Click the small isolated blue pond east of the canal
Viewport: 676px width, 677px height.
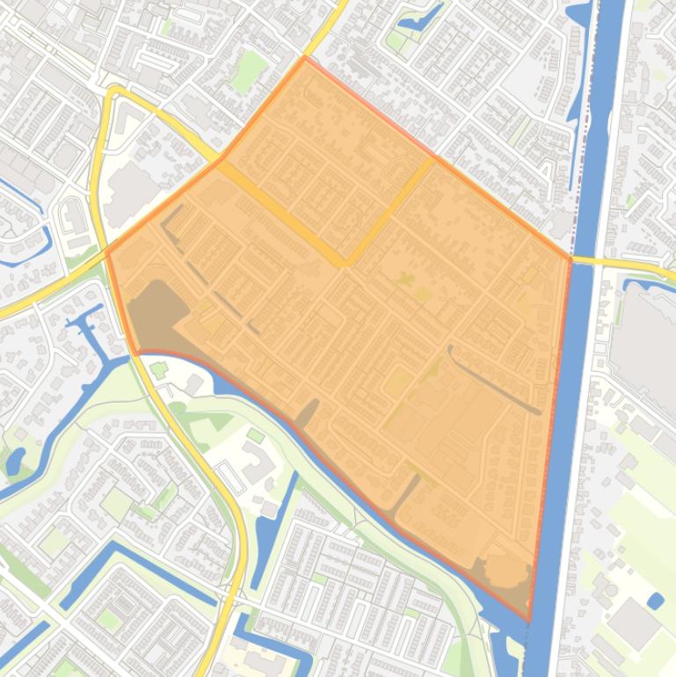pyautogui.click(x=655, y=601)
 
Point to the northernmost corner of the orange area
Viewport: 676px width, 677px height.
pyautogui.click(x=305, y=58)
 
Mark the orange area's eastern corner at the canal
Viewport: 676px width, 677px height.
pyautogui.click(x=571, y=258)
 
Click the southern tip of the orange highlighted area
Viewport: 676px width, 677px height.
pyautogui.click(x=529, y=620)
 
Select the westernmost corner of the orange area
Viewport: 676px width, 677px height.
pyautogui.click(x=107, y=252)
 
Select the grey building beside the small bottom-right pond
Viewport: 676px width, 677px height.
pyautogui.click(x=633, y=624)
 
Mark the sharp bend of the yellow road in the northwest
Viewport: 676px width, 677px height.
pyautogui.click(x=113, y=91)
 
